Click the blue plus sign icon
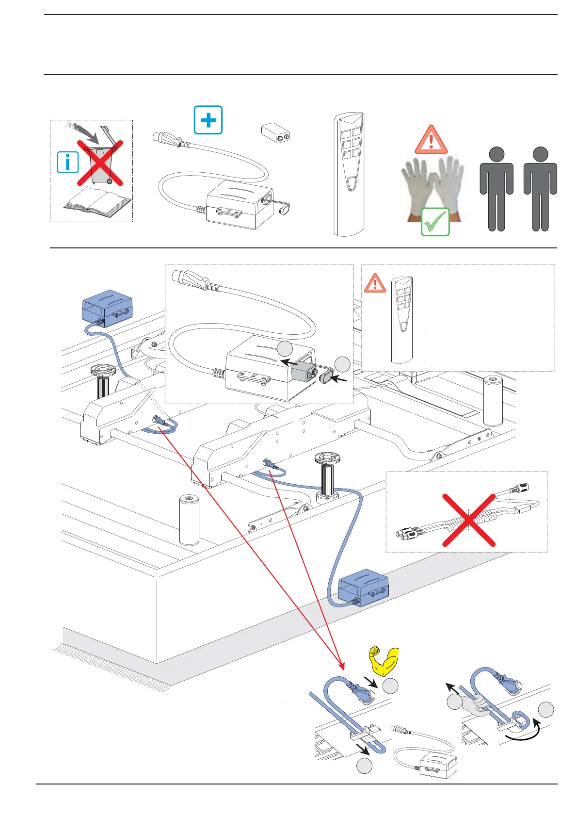pos(208,120)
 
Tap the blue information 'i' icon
pos(68,162)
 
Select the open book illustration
pos(97,203)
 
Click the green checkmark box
pos(435,222)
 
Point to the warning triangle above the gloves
pos(431,140)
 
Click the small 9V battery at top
pos(275,133)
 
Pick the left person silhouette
pos(497,189)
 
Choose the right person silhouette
pos(540,189)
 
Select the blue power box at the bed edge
pos(364,588)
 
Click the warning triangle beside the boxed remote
pos(375,283)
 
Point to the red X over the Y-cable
pos(469,520)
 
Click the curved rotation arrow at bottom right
pos(523,735)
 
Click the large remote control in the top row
pos(349,175)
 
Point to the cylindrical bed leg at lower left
pos(189,520)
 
